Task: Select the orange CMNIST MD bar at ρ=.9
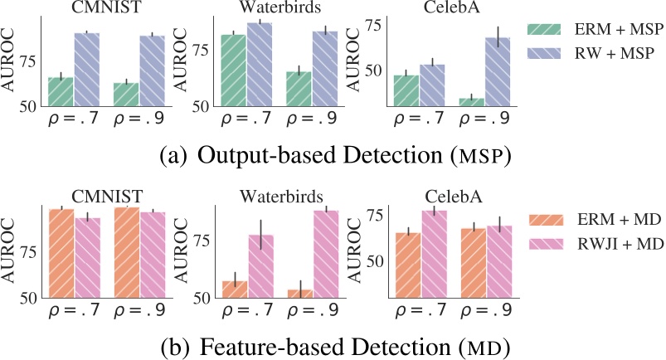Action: (126, 252)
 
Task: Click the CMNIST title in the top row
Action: (91, 9)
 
